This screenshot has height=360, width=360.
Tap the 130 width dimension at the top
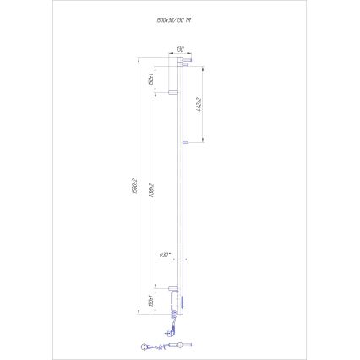(x=180, y=50)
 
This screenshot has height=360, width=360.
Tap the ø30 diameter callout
(x=166, y=254)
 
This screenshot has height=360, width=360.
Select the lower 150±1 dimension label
(x=150, y=299)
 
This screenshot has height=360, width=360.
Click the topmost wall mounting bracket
(x=188, y=61)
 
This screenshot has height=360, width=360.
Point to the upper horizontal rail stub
(x=172, y=90)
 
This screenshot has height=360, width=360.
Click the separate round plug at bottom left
(x=147, y=344)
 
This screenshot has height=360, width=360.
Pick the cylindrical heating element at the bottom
(x=179, y=345)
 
